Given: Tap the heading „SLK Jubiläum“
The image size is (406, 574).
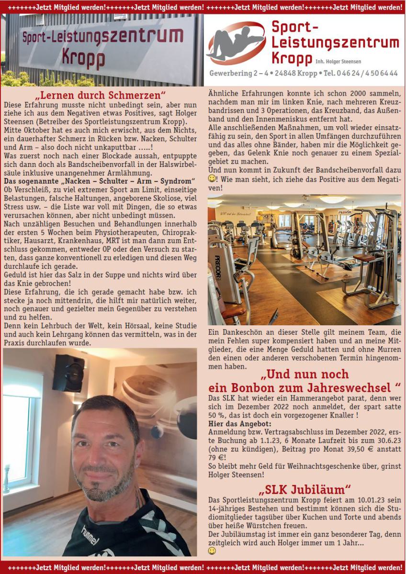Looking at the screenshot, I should pos(304,489).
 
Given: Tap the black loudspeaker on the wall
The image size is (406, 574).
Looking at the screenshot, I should pos(68,373).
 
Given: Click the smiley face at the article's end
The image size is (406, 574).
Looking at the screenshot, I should pos(212,551).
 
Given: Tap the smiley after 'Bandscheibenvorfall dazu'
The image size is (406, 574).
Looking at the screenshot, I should pos(212,178).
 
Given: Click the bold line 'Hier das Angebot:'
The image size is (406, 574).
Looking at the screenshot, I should pos(233,424).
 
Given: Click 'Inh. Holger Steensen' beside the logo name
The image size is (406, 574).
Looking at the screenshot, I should pos(338,62).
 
